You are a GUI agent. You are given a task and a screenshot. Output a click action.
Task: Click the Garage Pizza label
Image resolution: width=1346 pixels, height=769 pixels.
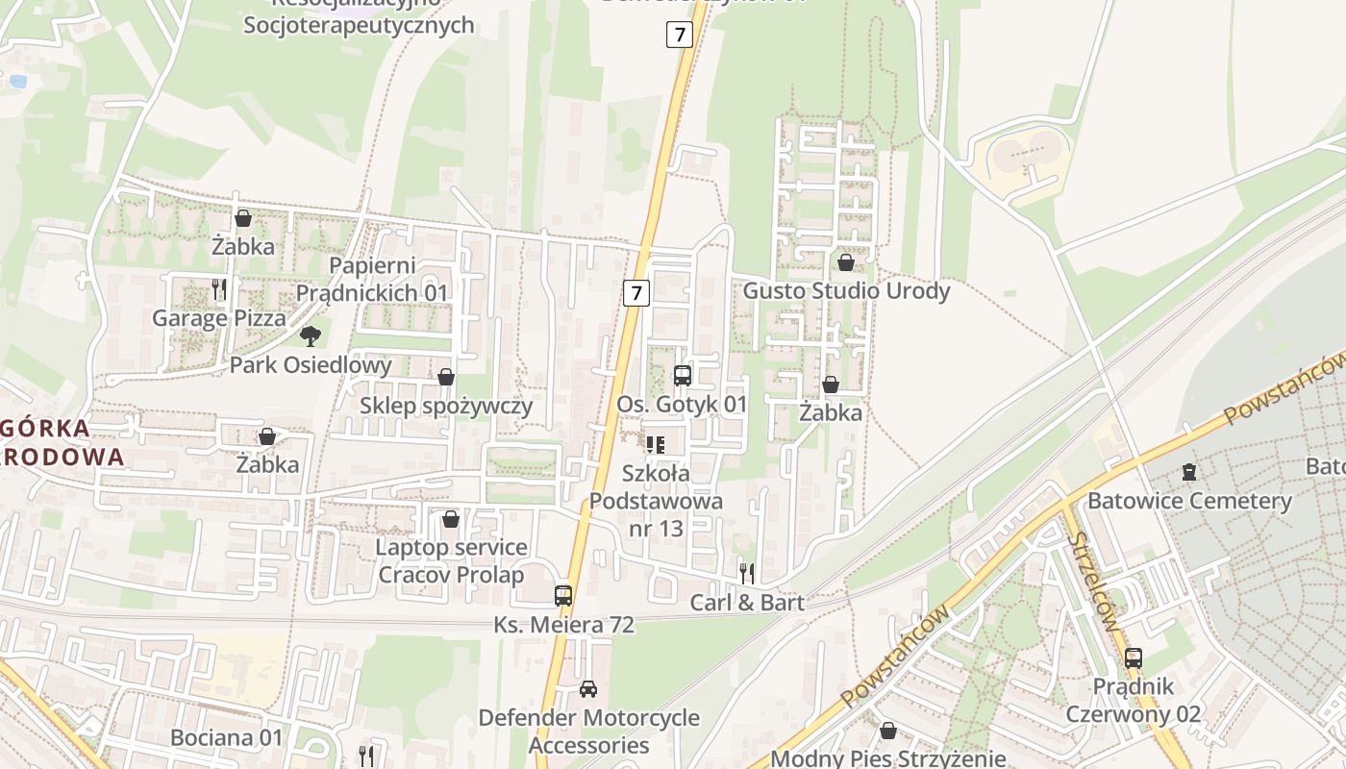coord(219,318)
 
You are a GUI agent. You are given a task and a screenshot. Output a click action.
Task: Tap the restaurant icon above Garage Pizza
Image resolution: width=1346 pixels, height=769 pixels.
coord(219,288)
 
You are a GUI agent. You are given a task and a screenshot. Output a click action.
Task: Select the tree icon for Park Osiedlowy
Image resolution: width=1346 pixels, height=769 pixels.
coord(310,335)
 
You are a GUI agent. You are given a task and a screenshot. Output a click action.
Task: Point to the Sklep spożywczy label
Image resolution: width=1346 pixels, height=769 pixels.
coord(446,406)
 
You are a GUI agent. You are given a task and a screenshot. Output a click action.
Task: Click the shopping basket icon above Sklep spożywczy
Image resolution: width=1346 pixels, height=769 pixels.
coord(446,377)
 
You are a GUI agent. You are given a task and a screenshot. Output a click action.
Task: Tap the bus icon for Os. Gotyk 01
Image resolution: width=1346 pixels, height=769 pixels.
coord(683,376)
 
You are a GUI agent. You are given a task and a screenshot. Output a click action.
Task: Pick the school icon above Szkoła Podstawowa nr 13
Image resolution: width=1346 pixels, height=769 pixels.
coord(656,444)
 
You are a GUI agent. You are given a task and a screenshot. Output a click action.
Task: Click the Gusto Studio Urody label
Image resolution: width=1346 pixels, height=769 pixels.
coord(846,290)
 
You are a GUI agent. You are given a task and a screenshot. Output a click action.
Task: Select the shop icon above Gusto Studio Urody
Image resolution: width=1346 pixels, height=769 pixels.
coord(846,261)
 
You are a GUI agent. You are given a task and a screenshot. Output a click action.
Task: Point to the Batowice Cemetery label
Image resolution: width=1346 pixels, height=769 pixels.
coord(1189,501)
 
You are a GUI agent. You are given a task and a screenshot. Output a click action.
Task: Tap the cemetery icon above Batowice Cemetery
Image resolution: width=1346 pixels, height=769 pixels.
coord(1189,472)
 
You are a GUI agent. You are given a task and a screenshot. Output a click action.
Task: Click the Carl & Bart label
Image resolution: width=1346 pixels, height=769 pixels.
coord(747,603)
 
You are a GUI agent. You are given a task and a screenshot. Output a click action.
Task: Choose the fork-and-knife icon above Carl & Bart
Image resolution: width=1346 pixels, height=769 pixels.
coord(747,574)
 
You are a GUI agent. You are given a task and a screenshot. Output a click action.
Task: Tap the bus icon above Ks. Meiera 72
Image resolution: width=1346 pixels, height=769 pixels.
coord(563,596)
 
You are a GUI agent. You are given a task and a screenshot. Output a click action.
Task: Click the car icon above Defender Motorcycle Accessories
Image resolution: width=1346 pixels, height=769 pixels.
coord(588,689)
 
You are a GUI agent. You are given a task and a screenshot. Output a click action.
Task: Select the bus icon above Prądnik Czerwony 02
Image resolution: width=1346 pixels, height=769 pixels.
coord(1134,658)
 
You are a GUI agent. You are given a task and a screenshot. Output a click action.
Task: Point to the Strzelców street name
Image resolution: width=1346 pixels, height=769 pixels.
coord(1094,582)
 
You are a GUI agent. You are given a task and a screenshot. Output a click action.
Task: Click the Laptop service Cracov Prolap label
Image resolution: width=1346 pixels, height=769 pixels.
coord(451,561)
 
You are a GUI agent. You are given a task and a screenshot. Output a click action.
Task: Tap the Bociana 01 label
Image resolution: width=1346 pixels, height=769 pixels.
coord(227,738)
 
